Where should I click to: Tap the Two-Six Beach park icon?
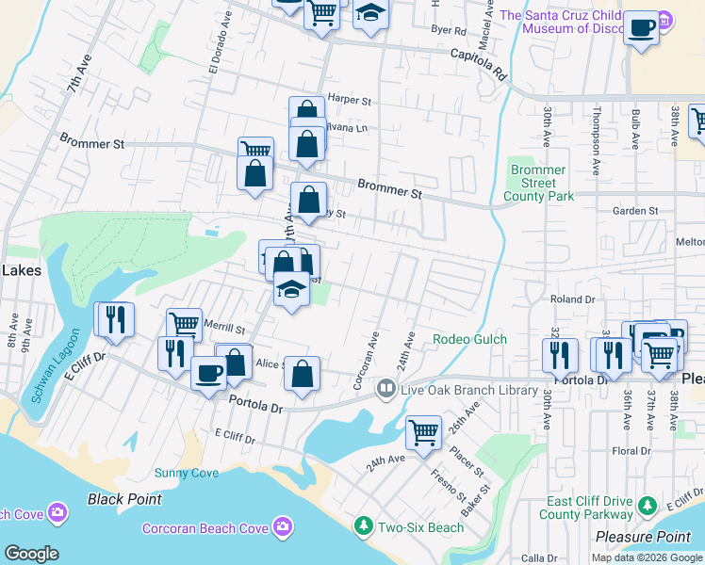click(x=363, y=526)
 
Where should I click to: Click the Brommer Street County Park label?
click(x=538, y=183)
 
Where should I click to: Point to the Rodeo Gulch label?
click(x=469, y=339)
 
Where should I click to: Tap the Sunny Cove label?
click(x=187, y=473)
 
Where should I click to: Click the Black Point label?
click(x=124, y=498)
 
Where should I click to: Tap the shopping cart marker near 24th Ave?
click(x=423, y=433)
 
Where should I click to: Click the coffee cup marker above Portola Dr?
click(x=208, y=372)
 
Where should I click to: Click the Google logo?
click(x=30, y=554)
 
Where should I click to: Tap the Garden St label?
click(x=632, y=212)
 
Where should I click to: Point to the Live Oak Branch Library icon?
click(x=385, y=389)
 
